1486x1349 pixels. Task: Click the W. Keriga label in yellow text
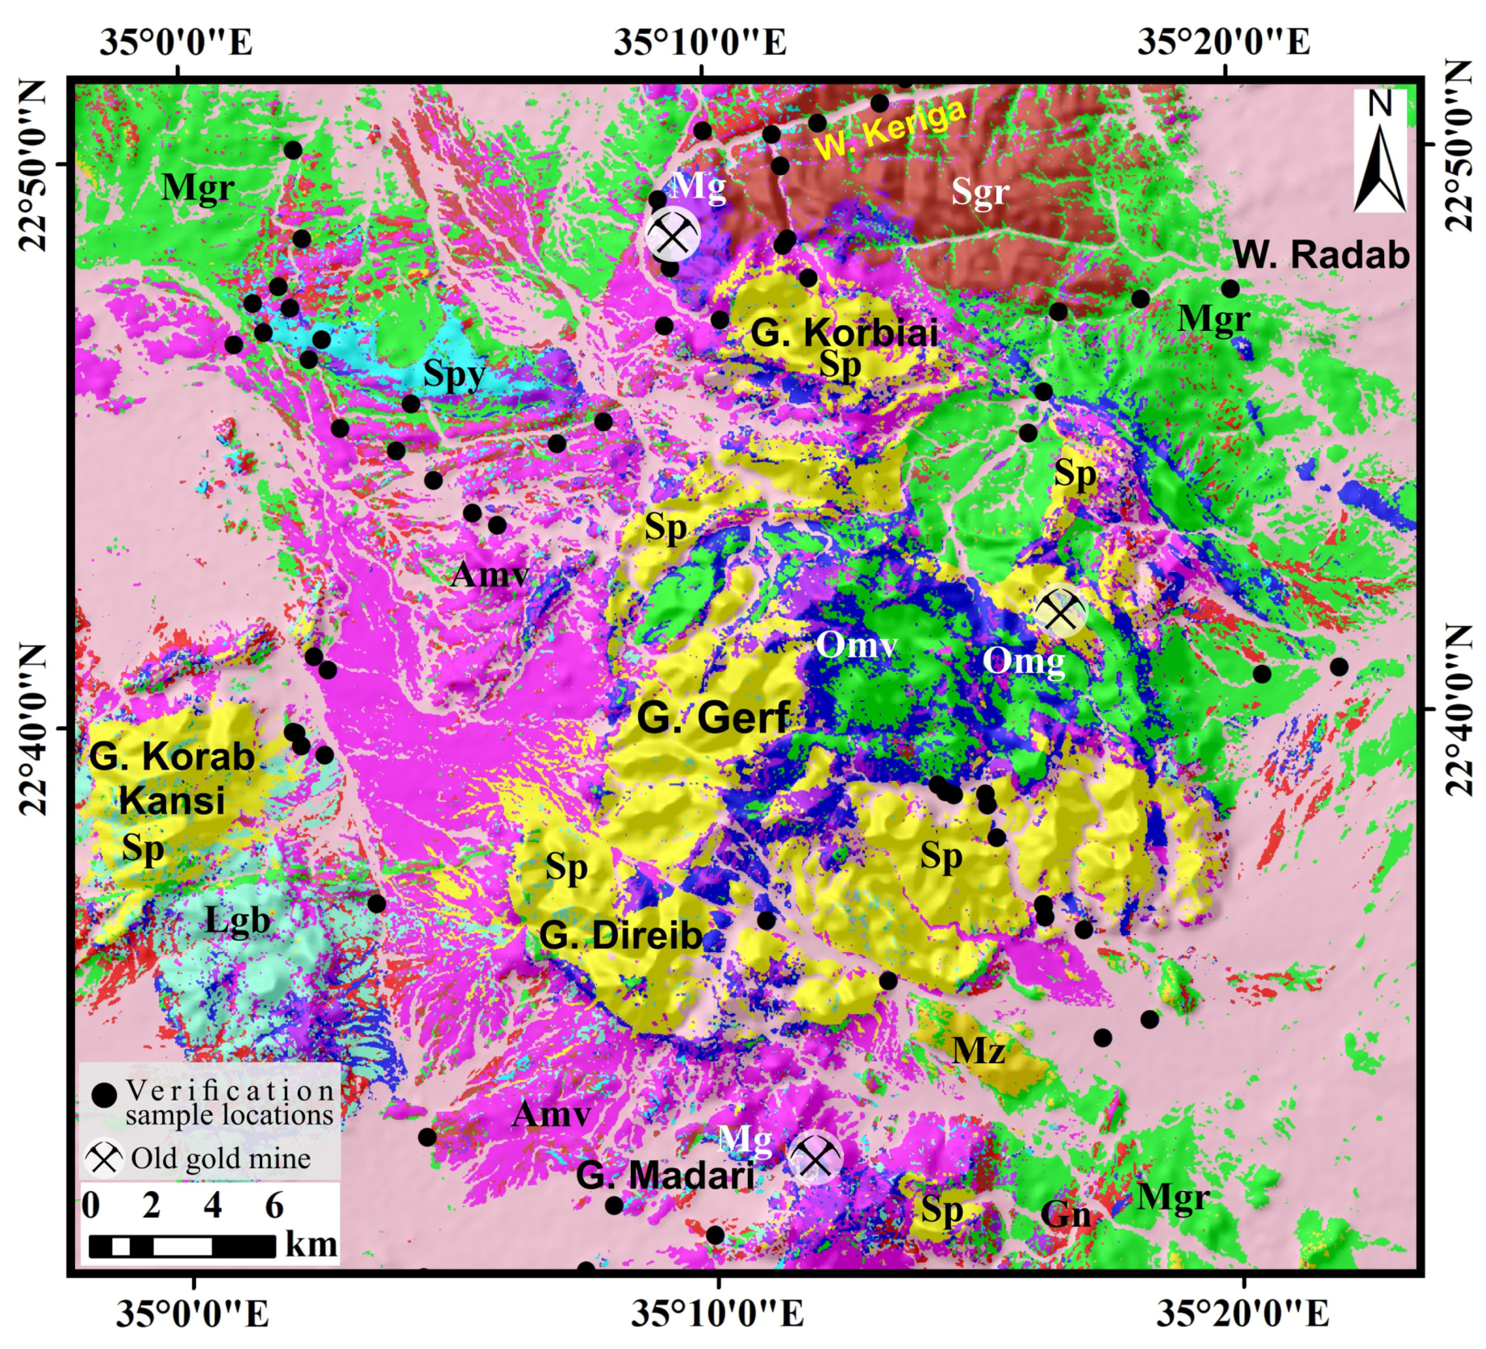pyautogui.click(x=890, y=128)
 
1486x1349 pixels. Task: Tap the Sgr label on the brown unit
pyautogui.click(x=979, y=192)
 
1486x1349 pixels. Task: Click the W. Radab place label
pyautogui.click(x=1321, y=255)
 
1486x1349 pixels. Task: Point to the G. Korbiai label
pyautogui.click(x=844, y=332)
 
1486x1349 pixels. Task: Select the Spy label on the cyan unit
pyautogui.click(x=454, y=374)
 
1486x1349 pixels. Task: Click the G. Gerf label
pyautogui.click(x=713, y=717)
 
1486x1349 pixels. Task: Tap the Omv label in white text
pyautogui.click(x=856, y=645)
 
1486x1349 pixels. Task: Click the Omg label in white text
pyautogui.click(x=1023, y=662)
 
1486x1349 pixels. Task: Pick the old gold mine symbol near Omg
pyautogui.click(x=1061, y=611)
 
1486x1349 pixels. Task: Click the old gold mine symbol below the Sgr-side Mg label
pyautogui.click(x=673, y=236)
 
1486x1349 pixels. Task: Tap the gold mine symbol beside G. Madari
pyautogui.click(x=815, y=1158)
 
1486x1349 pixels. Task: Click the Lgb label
pyautogui.click(x=236, y=921)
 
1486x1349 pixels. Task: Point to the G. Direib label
pyautogui.click(x=620, y=936)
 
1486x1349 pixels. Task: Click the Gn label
pyautogui.click(x=1065, y=1213)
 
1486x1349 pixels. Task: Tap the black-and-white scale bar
pyautogui.click(x=182, y=1246)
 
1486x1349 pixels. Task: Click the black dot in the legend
pyautogui.click(x=105, y=1095)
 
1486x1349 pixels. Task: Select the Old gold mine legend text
pyautogui.click(x=220, y=1159)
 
